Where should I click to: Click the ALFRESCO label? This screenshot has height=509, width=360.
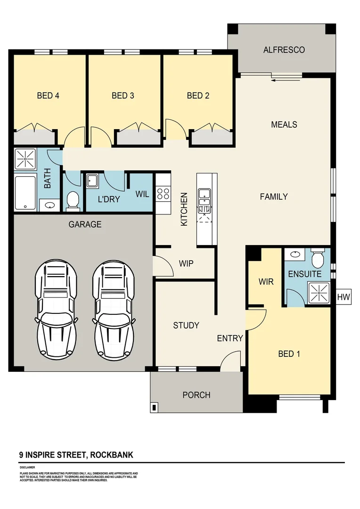point(284,49)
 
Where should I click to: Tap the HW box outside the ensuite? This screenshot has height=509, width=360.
point(343,297)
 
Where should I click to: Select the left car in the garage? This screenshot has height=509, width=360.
point(56,309)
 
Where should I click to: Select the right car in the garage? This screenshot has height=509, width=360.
point(114,309)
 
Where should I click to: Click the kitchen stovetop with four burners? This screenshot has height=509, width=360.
point(163,194)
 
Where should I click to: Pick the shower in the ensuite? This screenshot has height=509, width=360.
point(319,293)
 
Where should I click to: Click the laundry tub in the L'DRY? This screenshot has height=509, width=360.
point(92,181)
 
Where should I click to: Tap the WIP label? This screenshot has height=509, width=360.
point(186,263)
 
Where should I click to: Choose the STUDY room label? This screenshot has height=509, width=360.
point(186,325)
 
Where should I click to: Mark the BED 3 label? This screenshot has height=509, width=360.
point(123,96)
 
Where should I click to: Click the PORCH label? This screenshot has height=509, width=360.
point(196,395)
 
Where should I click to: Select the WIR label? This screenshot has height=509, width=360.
point(266,282)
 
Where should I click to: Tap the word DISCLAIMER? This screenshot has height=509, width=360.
point(27,467)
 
